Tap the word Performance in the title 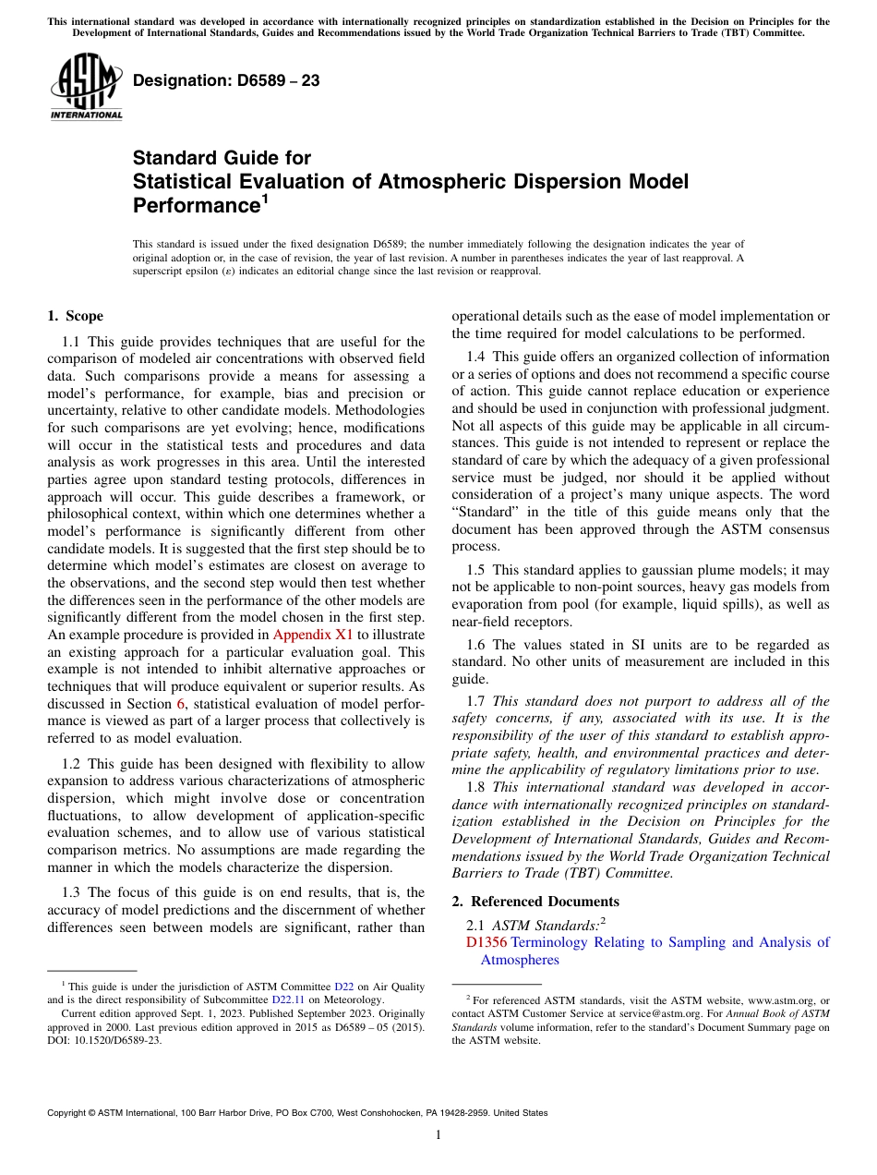195,205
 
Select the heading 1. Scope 75,316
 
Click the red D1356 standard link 487,942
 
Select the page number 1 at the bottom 438,1135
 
